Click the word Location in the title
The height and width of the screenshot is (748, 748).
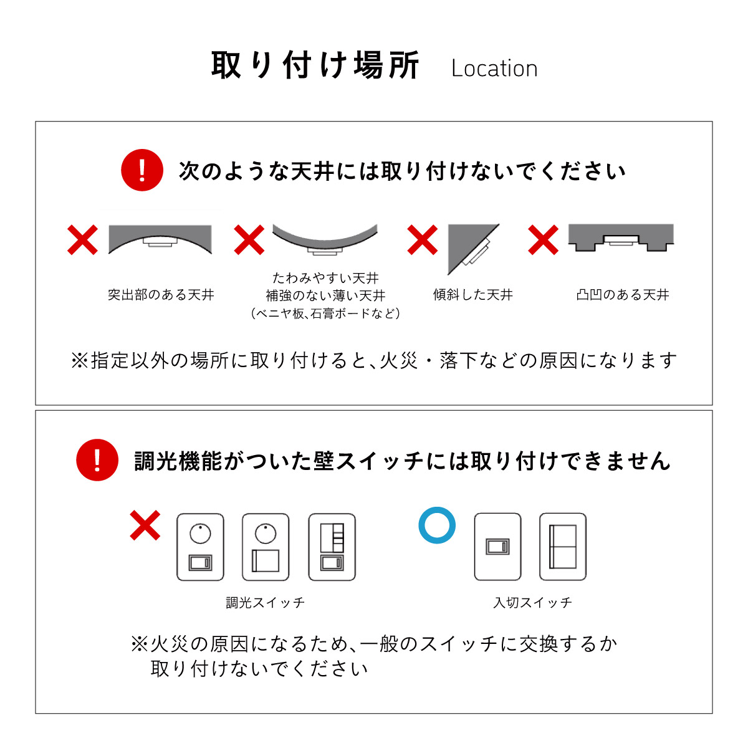[494, 69]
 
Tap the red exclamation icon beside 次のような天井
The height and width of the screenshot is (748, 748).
[142, 170]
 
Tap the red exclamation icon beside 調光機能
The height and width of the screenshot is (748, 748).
[97, 460]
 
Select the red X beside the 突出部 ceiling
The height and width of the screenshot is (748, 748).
[82, 240]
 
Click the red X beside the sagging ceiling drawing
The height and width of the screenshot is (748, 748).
[249, 240]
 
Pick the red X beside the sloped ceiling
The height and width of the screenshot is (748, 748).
[423, 240]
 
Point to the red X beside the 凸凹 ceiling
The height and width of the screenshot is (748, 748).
[543, 240]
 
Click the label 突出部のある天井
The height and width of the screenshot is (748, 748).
[161, 295]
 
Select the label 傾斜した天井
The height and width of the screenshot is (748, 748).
[472, 295]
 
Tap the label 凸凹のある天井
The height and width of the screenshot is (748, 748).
[623, 295]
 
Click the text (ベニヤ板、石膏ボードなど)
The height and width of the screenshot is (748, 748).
[325, 313]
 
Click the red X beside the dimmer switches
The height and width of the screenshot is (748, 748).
[145, 525]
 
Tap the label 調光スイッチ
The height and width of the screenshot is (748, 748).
[266, 602]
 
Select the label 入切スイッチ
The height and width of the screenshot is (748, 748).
[532, 602]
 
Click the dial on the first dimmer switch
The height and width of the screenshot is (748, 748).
[200, 534]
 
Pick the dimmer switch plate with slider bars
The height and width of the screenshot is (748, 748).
[332, 547]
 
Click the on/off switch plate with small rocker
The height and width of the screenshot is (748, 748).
[497, 547]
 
